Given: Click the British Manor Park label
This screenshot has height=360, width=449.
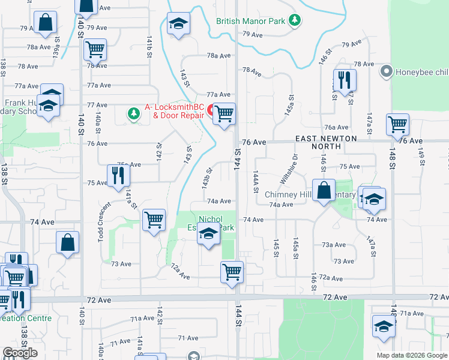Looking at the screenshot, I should point(251,21).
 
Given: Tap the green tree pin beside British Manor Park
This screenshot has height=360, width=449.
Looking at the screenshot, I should point(295,21).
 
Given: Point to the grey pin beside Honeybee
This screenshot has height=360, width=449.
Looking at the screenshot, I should point(385,72).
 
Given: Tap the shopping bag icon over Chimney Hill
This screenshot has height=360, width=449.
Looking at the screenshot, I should point(324,190).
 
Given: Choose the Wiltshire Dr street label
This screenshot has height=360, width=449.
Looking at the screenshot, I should point(289,170).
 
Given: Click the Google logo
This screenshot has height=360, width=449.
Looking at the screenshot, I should point(20,353).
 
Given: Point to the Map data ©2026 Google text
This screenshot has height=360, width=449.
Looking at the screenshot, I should point(412,355).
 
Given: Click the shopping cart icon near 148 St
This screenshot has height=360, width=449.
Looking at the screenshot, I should point(398,124).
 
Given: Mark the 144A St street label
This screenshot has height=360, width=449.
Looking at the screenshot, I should point(256,181).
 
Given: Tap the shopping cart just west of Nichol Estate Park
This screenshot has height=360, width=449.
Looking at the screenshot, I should point(154,220).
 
